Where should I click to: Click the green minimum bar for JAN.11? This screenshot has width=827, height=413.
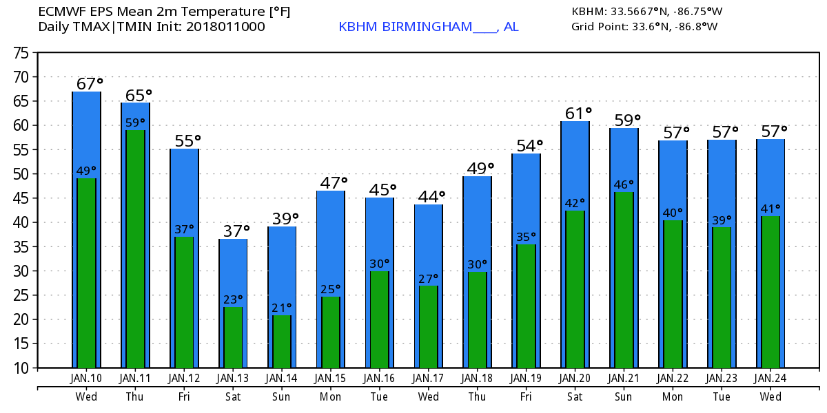click(135, 248)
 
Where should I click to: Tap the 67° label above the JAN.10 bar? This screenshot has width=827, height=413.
click(89, 84)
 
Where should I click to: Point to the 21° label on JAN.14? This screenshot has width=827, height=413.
click(281, 308)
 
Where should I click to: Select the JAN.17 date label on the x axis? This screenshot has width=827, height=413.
click(428, 379)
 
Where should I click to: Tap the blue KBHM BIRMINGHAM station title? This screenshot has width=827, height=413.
click(428, 27)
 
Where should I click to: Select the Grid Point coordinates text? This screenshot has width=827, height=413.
click(644, 27)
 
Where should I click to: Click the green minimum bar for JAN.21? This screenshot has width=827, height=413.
click(624, 279)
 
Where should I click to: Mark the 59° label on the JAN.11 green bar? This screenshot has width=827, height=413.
click(135, 123)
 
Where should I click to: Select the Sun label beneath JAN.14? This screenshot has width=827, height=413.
click(281, 396)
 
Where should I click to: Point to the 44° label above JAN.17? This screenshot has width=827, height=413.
click(431, 197)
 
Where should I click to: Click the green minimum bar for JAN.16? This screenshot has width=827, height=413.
click(379, 319)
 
